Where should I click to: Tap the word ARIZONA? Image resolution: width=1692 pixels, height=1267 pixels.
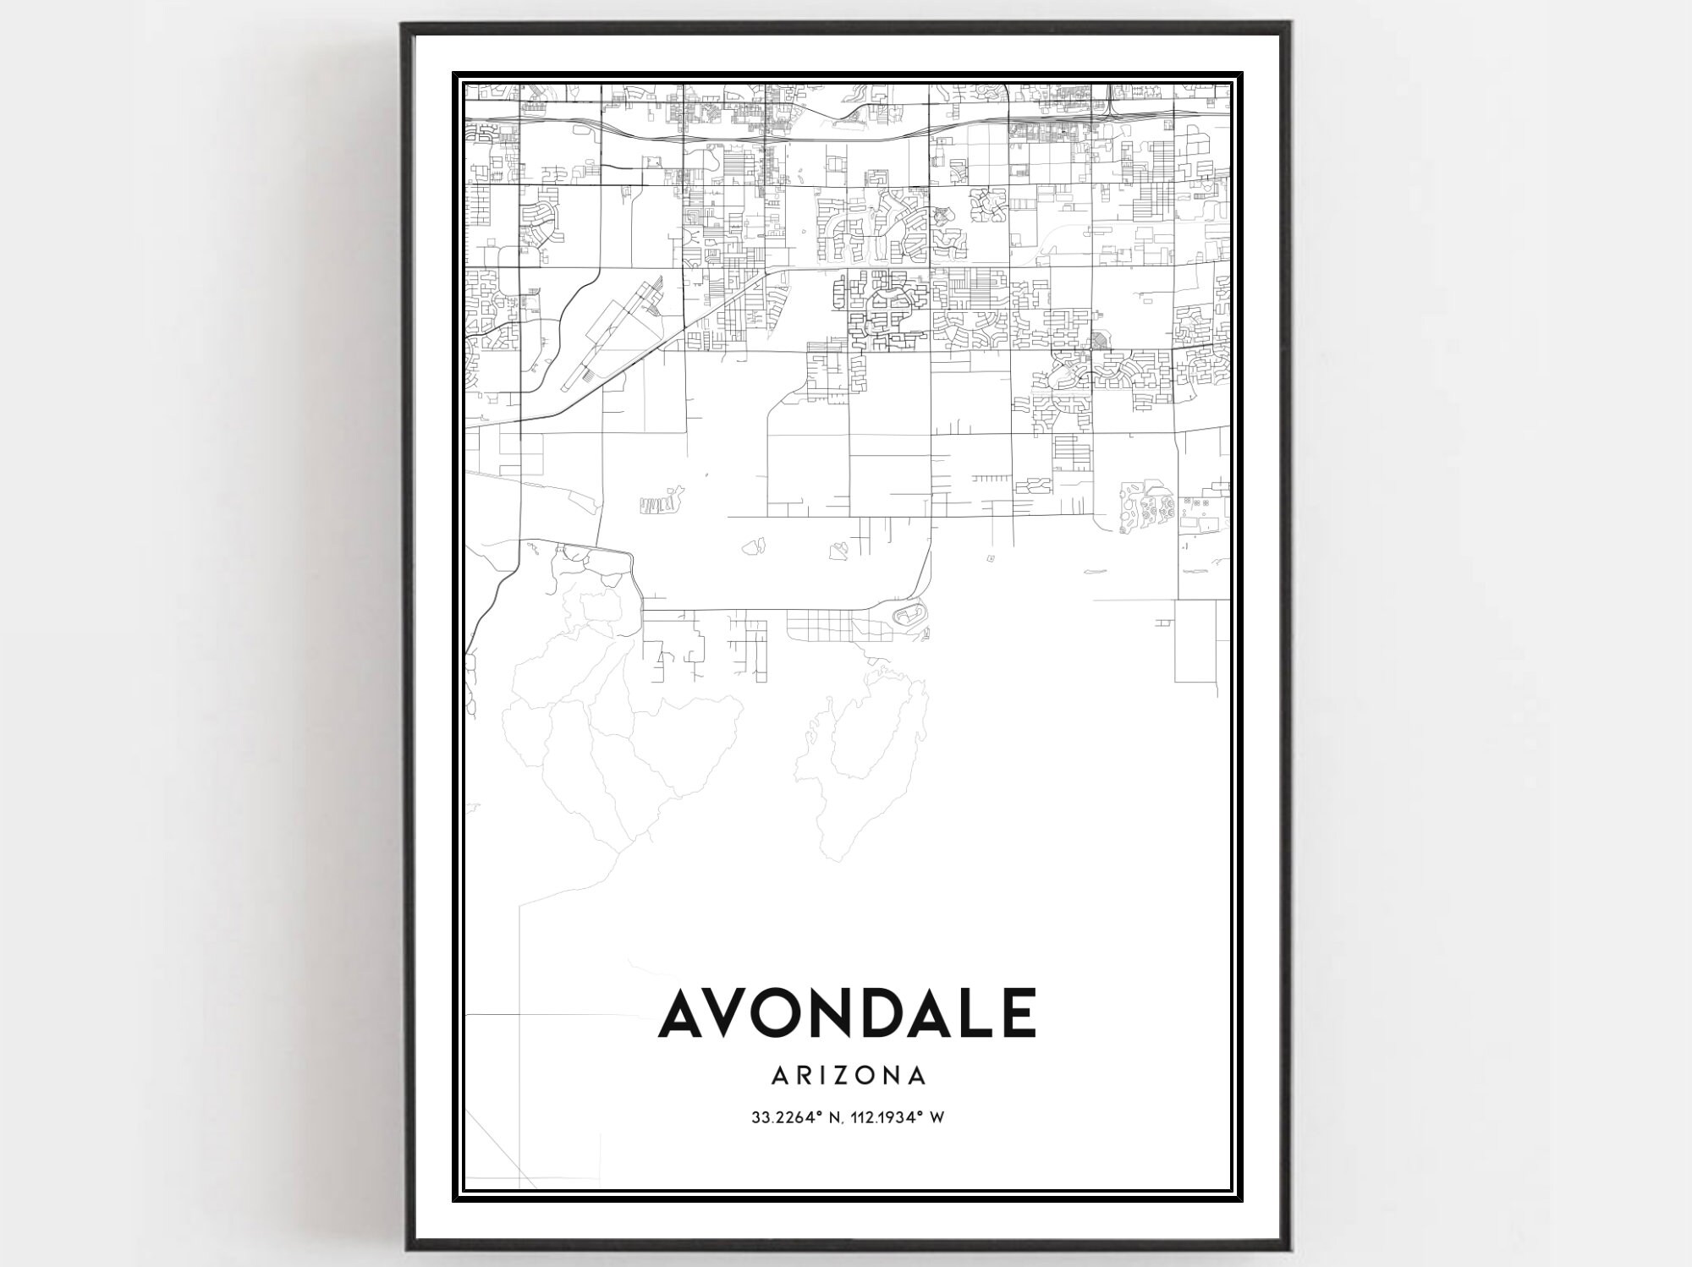pos(849,1075)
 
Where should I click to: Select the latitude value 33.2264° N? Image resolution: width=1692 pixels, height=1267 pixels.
pos(788,1117)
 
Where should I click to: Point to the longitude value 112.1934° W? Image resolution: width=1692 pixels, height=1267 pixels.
pos(890,1117)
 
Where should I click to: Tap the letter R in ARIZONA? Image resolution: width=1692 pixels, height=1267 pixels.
pos(803,1075)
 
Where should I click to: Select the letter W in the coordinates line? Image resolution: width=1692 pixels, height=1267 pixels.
pos(937,1117)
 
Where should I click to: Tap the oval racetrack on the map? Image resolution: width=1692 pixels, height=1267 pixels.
pos(904,613)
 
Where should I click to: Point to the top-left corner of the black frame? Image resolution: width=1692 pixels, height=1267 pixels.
pos(404,25)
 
